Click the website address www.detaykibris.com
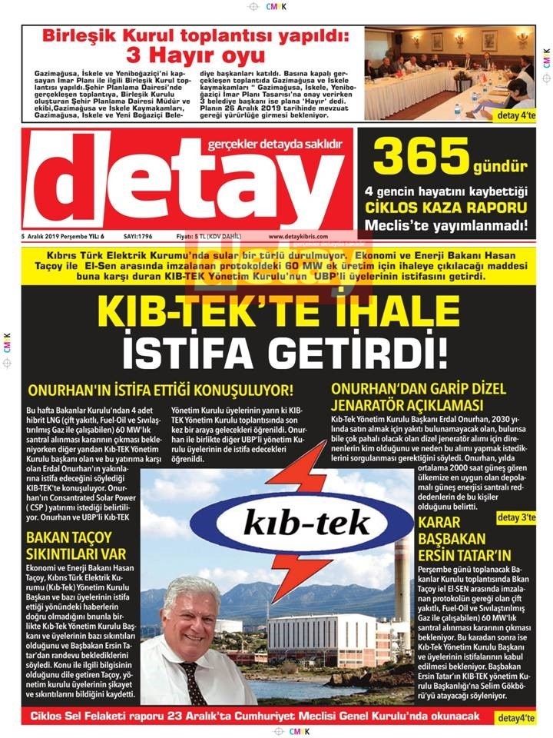[298, 237]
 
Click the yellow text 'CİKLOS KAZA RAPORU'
[445, 208]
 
